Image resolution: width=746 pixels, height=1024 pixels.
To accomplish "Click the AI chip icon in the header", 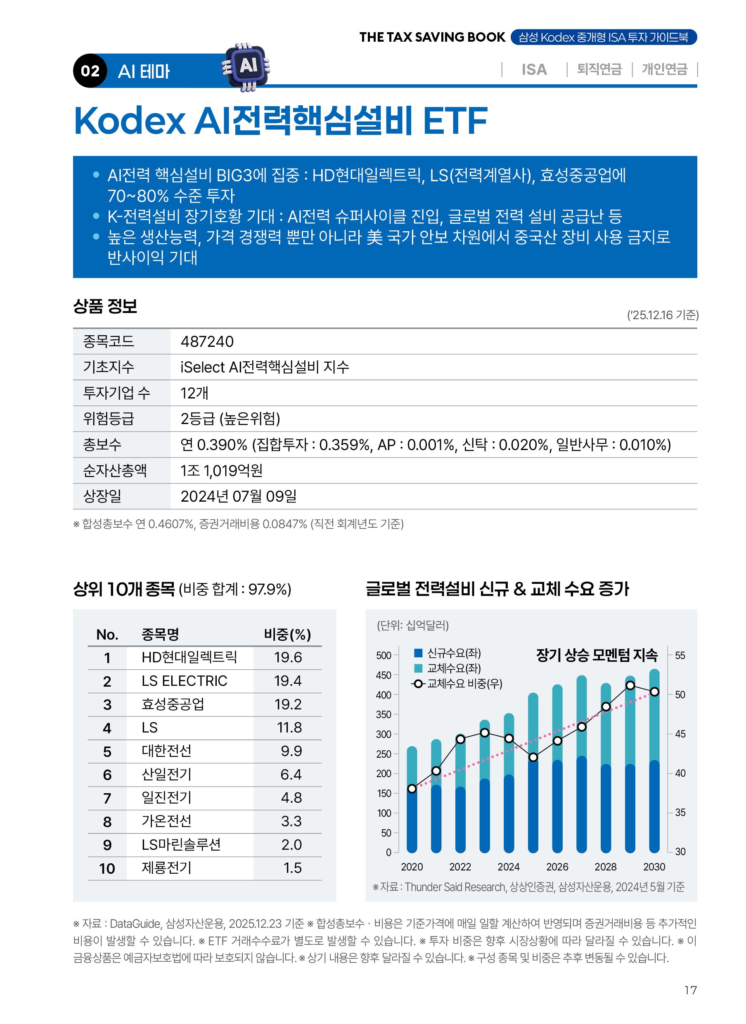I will click(246, 67).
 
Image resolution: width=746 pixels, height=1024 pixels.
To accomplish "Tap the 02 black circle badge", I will click(90, 71).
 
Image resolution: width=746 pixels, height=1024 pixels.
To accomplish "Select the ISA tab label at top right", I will click(534, 69).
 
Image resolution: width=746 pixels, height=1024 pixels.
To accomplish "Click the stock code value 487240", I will click(207, 342).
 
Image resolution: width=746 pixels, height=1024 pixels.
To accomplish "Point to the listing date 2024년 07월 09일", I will click(239, 496).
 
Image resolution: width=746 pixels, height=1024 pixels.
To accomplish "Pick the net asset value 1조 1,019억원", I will click(221, 471).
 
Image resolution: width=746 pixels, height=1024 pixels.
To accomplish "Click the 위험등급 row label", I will click(109, 419).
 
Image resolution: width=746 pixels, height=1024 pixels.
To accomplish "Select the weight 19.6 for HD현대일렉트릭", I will click(288, 658).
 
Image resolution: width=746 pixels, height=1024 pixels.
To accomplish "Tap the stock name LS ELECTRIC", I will click(184, 681).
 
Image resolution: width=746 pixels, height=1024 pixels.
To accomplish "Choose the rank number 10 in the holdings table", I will click(107, 869).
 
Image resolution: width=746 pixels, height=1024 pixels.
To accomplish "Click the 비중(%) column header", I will click(287, 635).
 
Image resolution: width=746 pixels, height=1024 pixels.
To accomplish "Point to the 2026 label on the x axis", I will click(557, 867).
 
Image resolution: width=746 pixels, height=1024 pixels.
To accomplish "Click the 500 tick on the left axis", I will click(384, 655).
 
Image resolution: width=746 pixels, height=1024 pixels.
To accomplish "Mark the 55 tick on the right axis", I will click(680, 655).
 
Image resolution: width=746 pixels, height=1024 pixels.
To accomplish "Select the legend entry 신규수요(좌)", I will click(453, 653).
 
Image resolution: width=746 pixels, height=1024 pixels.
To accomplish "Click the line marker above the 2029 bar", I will click(630, 686).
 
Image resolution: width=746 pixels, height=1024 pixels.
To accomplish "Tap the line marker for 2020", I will click(412, 789).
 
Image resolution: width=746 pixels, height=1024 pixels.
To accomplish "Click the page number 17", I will click(690, 990).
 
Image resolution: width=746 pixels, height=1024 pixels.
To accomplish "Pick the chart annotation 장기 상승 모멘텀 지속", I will click(597, 655).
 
